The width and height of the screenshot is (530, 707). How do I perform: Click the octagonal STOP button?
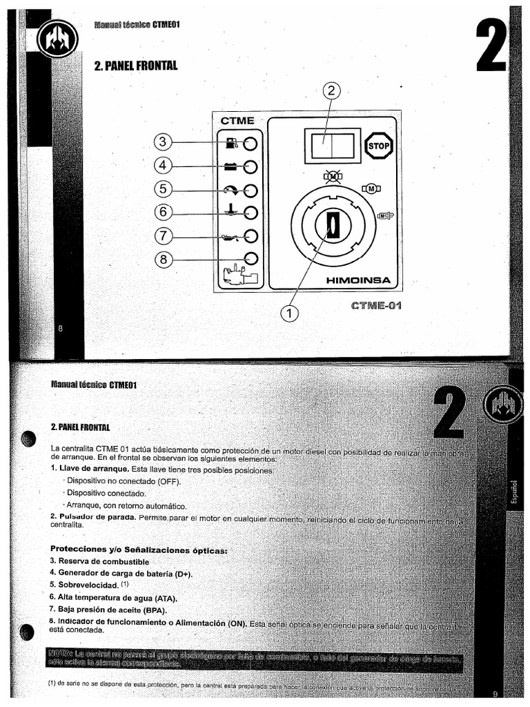click(x=378, y=146)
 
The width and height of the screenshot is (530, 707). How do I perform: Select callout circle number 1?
click(x=290, y=313)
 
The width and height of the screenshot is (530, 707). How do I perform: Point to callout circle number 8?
click(x=163, y=260)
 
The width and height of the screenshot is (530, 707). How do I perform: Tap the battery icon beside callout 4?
click(x=231, y=166)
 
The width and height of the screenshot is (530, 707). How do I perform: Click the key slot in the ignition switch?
click(x=333, y=225)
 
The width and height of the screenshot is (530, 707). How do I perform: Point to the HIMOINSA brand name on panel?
click(x=359, y=280)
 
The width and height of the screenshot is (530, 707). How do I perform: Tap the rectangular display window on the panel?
click(x=328, y=147)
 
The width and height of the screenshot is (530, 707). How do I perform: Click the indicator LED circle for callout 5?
click(x=251, y=190)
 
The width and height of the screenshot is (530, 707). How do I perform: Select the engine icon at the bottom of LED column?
click(x=237, y=275)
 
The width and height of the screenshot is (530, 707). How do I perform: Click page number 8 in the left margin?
click(x=60, y=329)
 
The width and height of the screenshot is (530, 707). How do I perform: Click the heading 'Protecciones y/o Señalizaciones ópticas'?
click(x=138, y=550)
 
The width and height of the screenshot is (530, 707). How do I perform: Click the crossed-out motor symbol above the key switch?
click(x=333, y=177)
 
